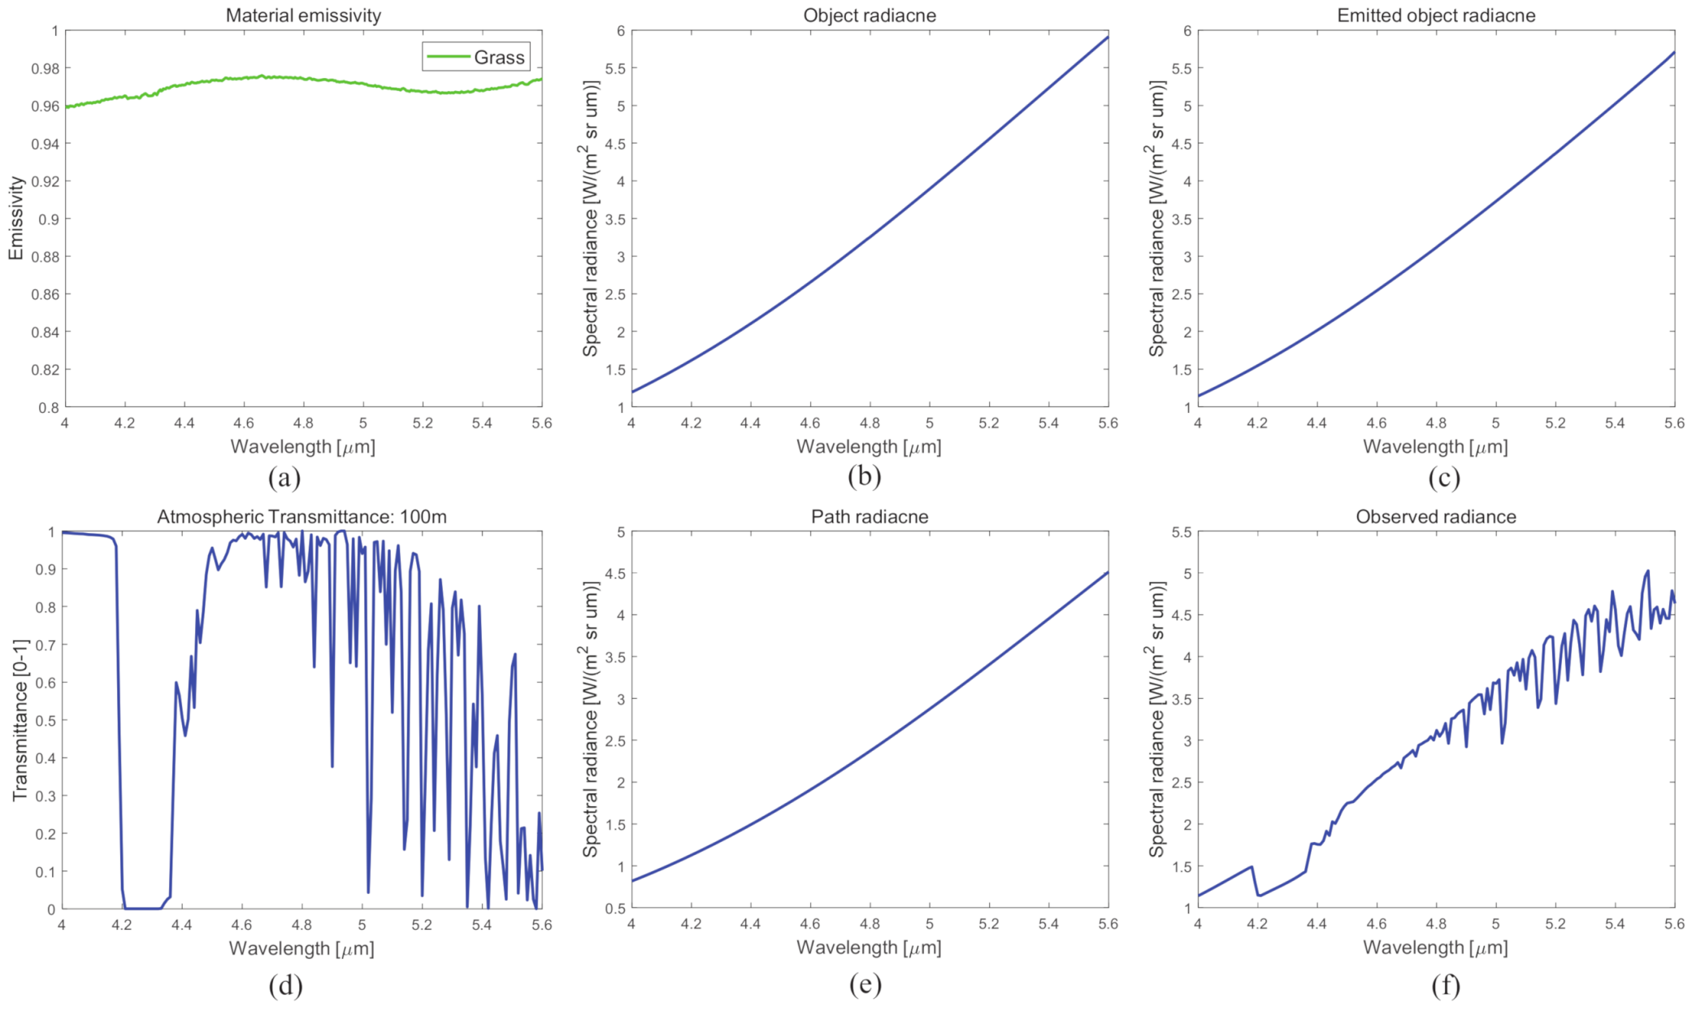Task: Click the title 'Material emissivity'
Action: point(303,15)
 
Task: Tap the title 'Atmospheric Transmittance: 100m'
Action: point(302,517)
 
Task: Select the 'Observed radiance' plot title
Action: point(1435,517)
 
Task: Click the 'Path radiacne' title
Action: point(869,517)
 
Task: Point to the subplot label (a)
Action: point(284,477)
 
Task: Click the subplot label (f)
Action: point(1445,985)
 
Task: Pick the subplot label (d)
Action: point(285,985)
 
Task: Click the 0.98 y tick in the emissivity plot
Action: point(46,68)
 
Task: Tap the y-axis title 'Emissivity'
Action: point(15,218)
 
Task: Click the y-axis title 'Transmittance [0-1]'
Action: point(20,720)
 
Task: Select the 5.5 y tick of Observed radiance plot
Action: point(1181,532)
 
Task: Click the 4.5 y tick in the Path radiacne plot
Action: point(615,574)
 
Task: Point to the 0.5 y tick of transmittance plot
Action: point(46,721)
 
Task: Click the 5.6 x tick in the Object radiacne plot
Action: point(1108,423)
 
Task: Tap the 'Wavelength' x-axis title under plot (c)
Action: point(1435,447)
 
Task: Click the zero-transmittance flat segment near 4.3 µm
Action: point(142,908)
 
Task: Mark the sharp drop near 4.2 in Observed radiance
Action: point(1255,882)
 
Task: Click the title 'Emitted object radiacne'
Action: point(1435,15)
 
